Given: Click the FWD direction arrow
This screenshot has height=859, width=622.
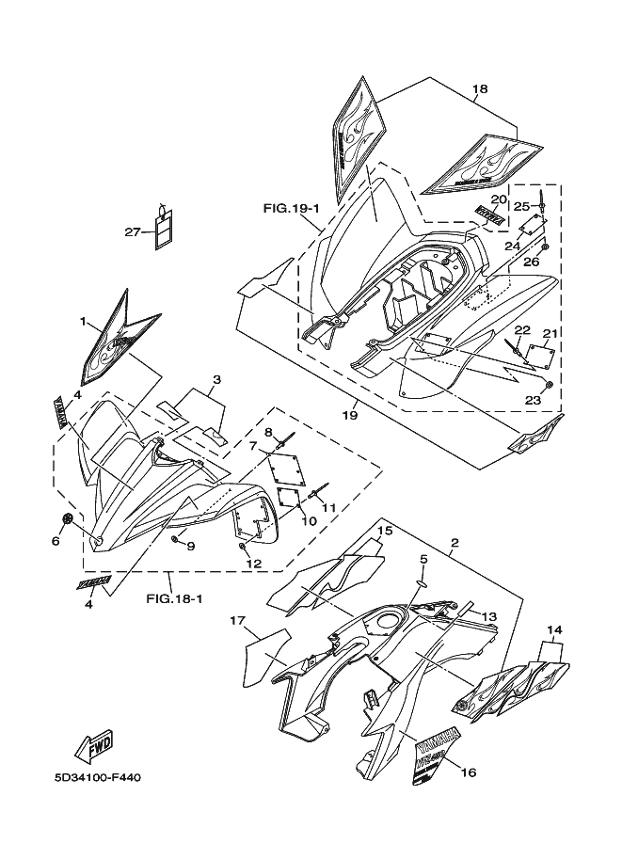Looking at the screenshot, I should (x=96, y=744).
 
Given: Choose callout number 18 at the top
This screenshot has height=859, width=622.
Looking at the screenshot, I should (x=480, y=90).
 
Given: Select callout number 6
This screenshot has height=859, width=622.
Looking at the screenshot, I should (x=56, y=541).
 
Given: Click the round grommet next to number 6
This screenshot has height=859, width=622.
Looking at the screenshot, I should (x=69, y=519).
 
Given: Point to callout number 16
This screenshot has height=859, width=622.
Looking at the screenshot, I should (x=469, y=772).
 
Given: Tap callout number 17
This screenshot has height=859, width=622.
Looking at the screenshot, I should (x=237, y=621).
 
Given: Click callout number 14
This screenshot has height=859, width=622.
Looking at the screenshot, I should (x=555, y=628).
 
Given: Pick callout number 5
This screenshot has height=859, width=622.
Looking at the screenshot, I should (x=423, y=559).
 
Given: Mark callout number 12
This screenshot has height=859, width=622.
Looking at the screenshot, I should (x=252, y=563).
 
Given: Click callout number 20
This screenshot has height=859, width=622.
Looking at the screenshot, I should (x=499, y=199).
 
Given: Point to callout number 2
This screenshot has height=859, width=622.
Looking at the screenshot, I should (x=454, y=543).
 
